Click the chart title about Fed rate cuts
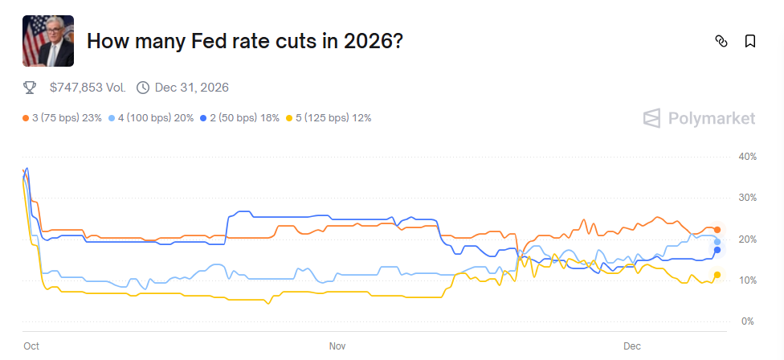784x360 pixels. click(x=244, y=41)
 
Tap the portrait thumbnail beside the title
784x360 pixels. click(x=48, y=41)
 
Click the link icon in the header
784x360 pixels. click(x=721, y=41)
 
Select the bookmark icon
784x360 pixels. click(x=749, y=41)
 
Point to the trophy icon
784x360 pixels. click(x=30, y=87)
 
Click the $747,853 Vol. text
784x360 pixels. click(x=88, y=87)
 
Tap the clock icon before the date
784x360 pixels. click(x=143, y=87)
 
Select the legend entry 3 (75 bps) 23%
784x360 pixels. click(x=63, y=118)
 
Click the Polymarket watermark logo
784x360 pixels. click(x=699, y=119)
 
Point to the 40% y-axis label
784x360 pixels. click(x=747, y=156)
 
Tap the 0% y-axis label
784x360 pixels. click(x=747, y=321)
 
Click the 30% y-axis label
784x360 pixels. click(x=747, y=198)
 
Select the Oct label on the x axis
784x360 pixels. click(x=31, y=346)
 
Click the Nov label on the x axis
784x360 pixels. click(x=337, y=346)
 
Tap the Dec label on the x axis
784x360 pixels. click(x=632, y=346)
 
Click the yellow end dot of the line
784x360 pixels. click(x=717, y=275)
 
